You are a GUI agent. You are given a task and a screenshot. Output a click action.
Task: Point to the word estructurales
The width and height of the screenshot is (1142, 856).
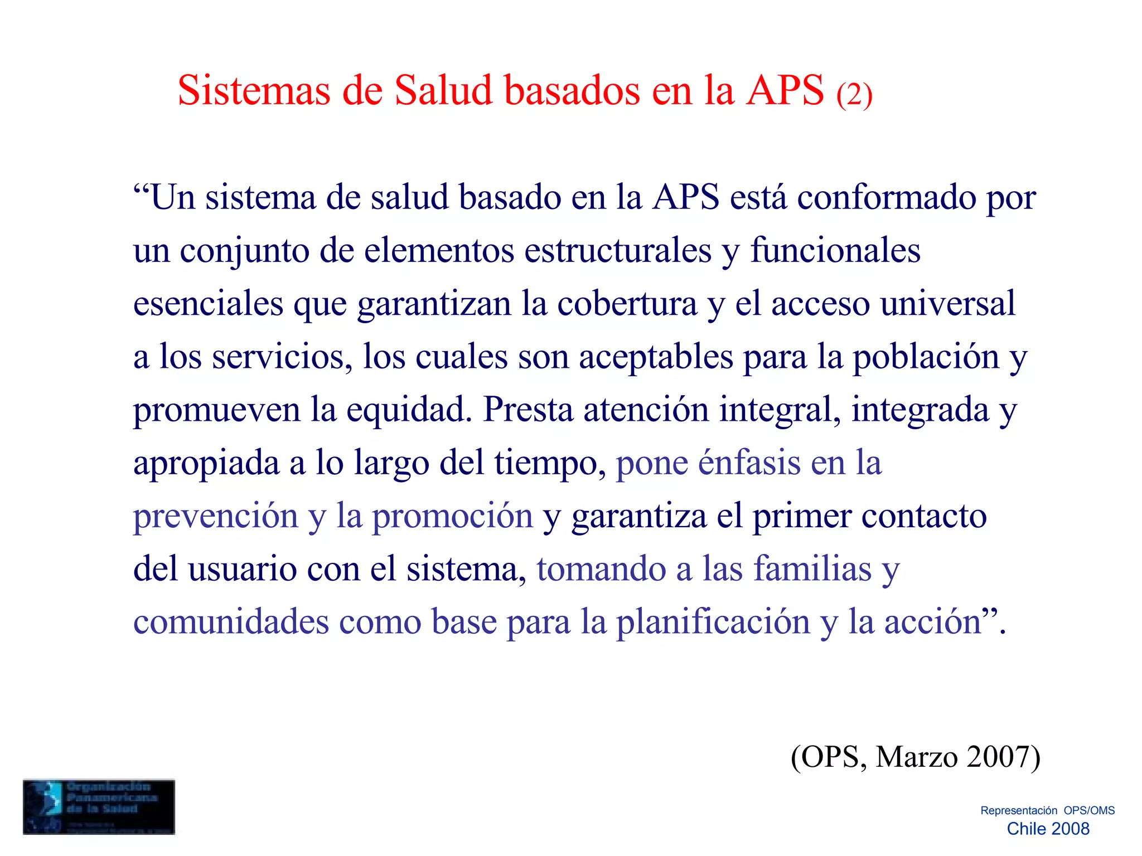[x=618, y=251]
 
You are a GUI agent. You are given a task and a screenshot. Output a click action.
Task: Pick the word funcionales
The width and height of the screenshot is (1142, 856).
[x=835, y=251]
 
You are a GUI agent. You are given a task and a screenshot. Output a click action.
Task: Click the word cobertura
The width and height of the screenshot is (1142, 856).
[x=627, y=304]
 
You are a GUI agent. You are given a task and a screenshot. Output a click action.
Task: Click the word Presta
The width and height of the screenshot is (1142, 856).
[x=528, y=410]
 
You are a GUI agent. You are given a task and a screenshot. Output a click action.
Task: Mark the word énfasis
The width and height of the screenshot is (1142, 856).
[x=749, y=463]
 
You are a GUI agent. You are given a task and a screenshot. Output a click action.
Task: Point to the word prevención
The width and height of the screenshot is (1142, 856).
[x=216, y=516]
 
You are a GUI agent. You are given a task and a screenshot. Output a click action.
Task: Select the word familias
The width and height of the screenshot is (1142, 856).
[x=812, y=569]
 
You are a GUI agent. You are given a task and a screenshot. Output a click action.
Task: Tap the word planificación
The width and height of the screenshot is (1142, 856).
[x=713, y=622]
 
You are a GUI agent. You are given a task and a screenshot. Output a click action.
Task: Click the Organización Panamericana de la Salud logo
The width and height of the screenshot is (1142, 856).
[x=99, y=806]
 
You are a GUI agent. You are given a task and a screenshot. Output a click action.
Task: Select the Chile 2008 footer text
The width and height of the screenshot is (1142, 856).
[x=1048, y=829]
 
